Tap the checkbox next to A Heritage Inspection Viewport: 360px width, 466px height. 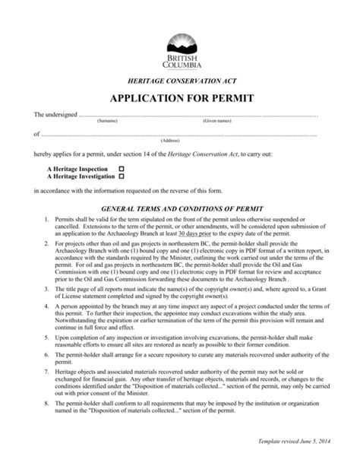pyautogui.click(x=121, y=167)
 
